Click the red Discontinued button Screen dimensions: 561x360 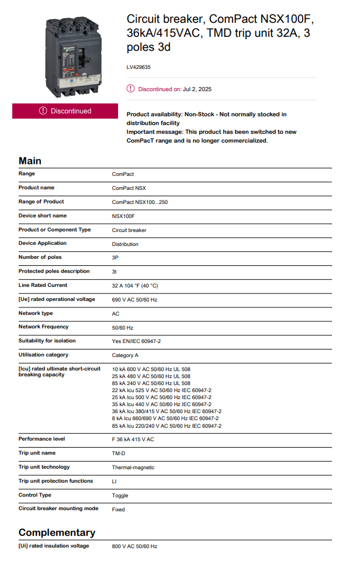(x=65, y=111)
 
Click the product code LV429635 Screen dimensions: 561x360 (x=139, y=67)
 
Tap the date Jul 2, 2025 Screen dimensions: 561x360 (x=197, y=89)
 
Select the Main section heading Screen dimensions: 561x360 (x=30, y=161)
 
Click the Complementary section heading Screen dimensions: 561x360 (x=57, y=532)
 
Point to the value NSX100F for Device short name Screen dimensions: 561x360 (x=123, y=216)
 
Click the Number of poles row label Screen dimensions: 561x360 (x=40, y=257)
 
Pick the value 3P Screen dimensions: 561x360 (x=115, y=258)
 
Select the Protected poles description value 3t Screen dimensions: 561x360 (x=115, y=272)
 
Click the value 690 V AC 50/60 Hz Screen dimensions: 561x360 (x=134, y=300)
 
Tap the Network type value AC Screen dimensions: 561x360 (x=116, y=314)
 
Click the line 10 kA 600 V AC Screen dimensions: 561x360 (x=151, y=369)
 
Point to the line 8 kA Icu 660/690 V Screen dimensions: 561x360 (x=165, y=418)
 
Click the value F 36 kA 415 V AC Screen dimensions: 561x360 (x=133, y=439)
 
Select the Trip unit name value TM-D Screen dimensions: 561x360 (x=119, y=453)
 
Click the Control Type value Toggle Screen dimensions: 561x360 (x=120, y=496)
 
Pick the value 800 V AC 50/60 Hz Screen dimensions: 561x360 (x=134, y=546)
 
